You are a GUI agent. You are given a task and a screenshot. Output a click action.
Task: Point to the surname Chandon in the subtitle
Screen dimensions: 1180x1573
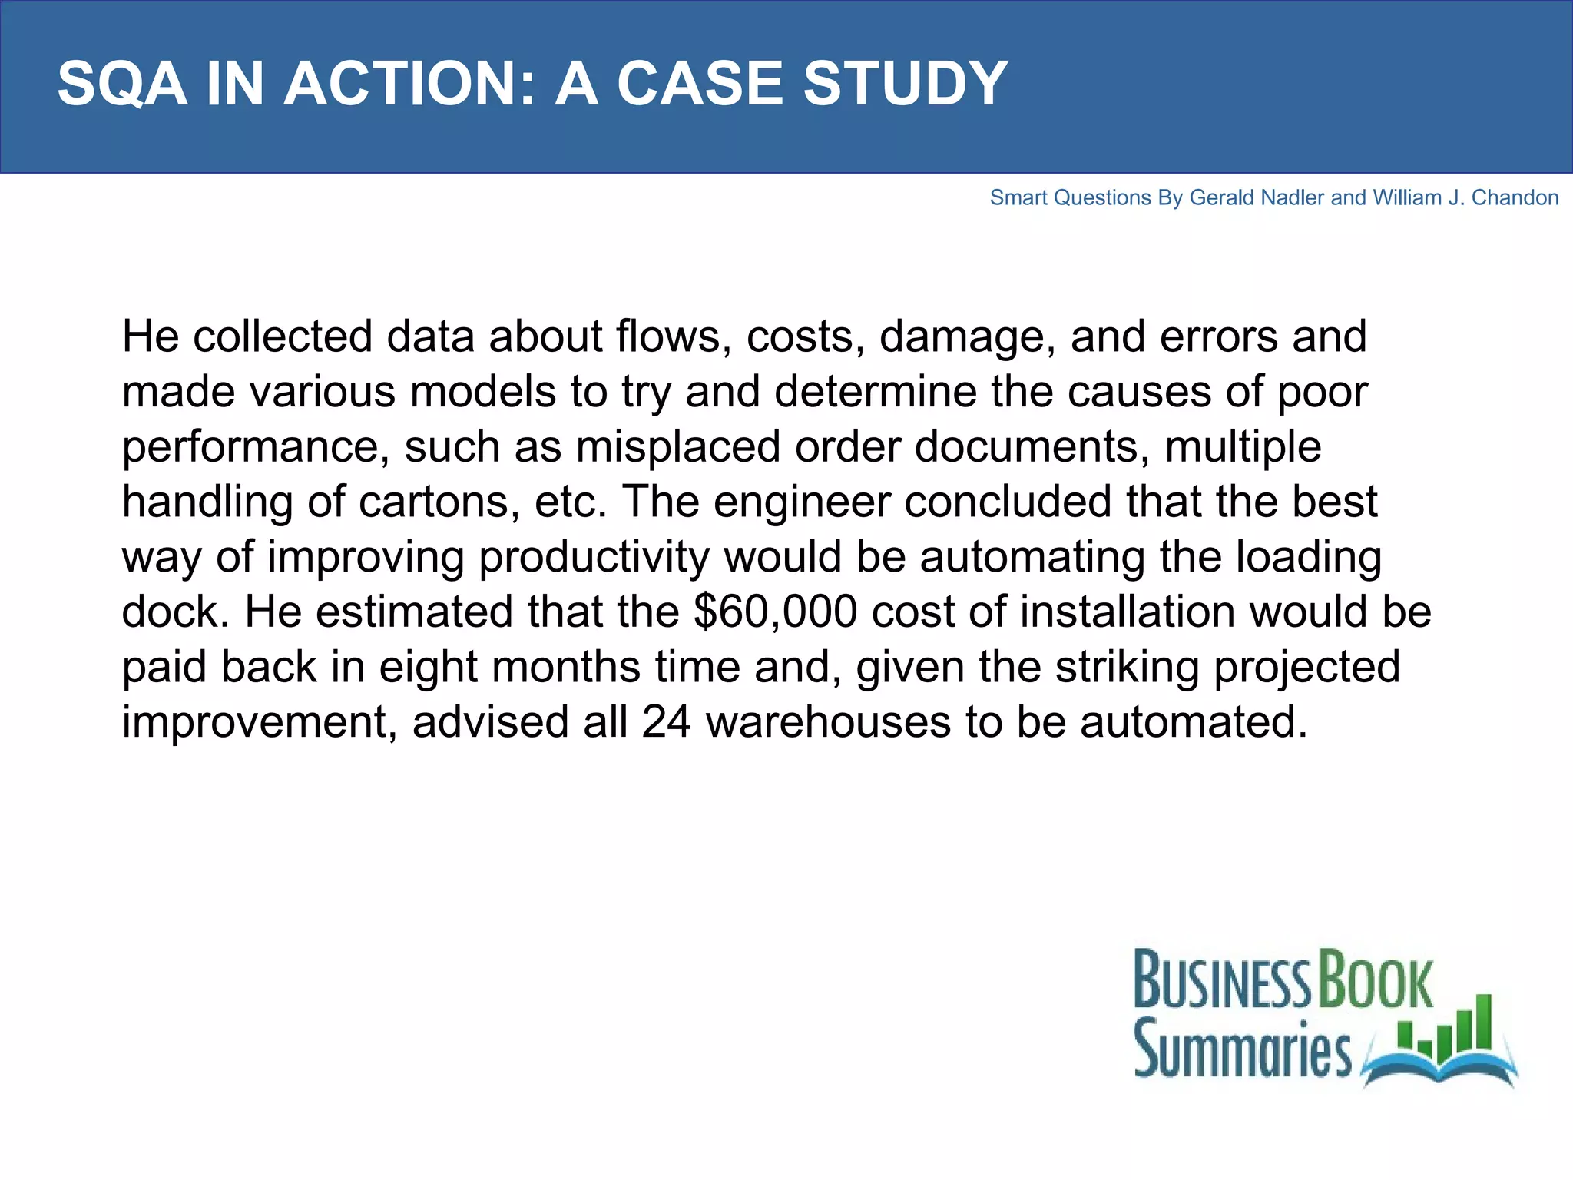coord(1515,197)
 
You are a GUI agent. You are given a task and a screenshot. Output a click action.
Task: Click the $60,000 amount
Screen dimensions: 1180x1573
coord(775,612)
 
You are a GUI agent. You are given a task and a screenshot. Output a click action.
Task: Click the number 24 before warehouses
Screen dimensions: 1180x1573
coord(667,722)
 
